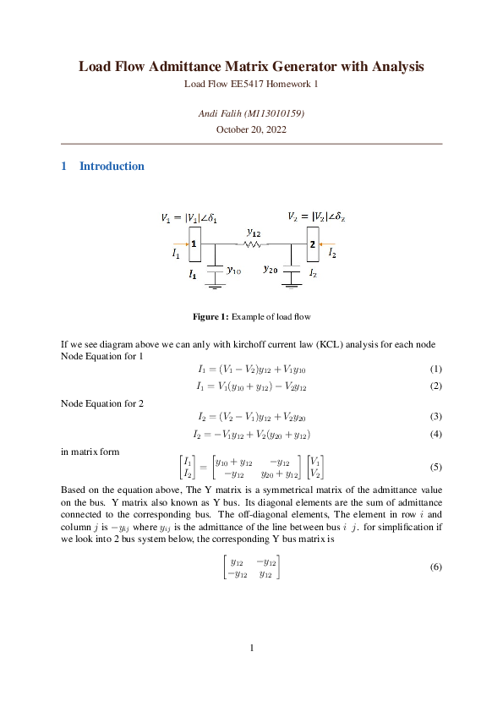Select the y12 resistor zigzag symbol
253,245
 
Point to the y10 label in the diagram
234,271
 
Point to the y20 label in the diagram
271,269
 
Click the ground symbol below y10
216,288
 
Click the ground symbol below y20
293,287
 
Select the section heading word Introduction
112,167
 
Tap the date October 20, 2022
251,129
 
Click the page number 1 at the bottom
251,649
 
